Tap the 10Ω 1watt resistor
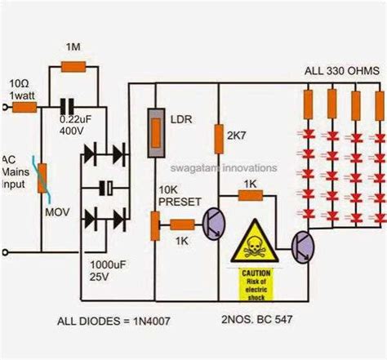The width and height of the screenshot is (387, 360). [26, 105]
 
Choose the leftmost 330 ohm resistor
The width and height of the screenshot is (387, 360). [309, 104]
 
